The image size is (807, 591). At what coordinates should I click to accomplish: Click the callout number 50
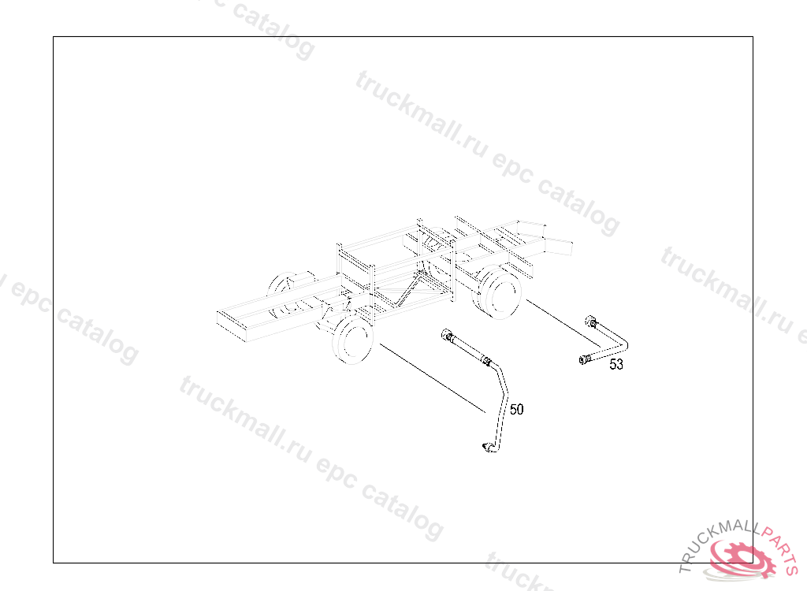(517, 409)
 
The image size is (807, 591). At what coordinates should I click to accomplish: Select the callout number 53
(616, 364)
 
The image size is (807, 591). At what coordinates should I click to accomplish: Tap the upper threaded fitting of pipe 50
(448, 335)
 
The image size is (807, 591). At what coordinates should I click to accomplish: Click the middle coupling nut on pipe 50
(485, 360)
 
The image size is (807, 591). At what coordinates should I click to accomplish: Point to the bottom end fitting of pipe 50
(489, 448)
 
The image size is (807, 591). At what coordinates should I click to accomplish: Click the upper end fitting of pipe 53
(592, 322)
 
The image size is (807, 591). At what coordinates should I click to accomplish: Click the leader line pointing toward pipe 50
(433, 378)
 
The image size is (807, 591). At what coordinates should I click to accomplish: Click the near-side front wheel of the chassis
(353, 340)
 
